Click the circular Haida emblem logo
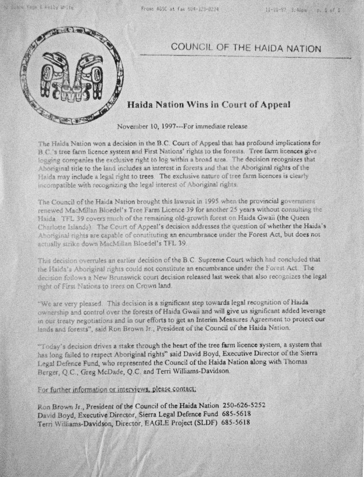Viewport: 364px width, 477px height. click(x=71, y=75)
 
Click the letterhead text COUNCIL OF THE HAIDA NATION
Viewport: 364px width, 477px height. click(x=246, y=48)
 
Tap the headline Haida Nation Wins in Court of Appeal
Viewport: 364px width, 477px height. click(x=209, y=104)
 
